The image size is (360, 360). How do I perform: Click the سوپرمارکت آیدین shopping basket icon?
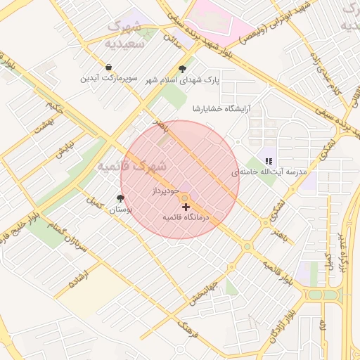(108, 67)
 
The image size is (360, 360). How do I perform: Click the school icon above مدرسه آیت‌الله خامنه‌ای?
(268, 161)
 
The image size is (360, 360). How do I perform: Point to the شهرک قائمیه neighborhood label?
(132, 167)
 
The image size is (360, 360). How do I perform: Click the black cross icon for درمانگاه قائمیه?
(186, 207)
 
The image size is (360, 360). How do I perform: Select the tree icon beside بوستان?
(120, 199)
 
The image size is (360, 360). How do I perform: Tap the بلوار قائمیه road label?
(278, 271)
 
